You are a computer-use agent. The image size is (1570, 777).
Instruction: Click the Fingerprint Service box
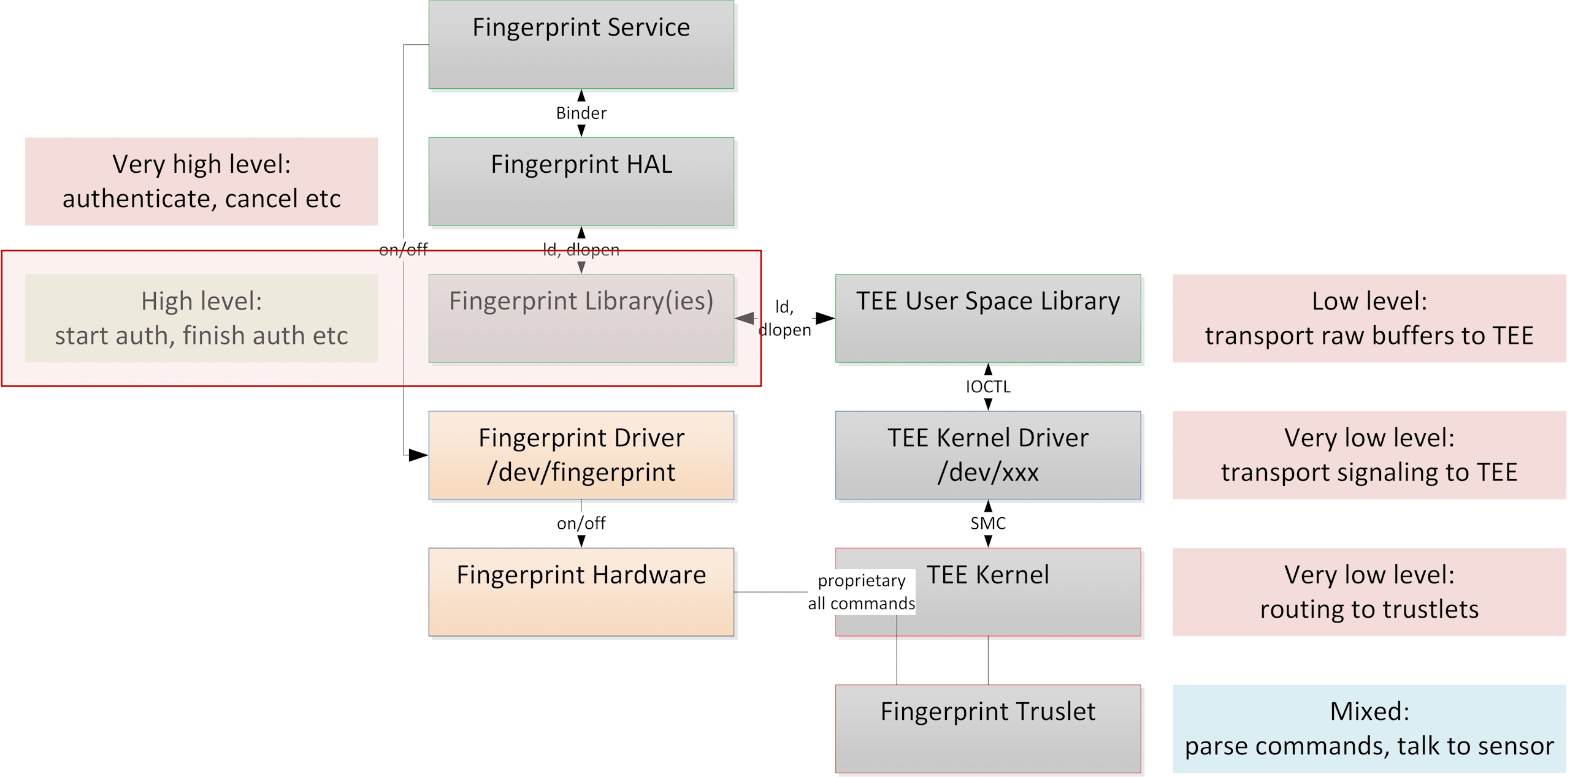coord(581,45)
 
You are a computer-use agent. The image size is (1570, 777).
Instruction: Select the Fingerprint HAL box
coord(581,181)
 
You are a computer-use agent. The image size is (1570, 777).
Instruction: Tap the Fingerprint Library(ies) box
coord(581,318)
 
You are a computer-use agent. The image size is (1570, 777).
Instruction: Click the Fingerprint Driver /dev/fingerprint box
coord(581,455)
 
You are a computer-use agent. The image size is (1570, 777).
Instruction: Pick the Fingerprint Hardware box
coord(581,592)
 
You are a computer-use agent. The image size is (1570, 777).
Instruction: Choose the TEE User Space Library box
coord(988,318)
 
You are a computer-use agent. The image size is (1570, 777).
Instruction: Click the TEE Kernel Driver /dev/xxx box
coord(988,455)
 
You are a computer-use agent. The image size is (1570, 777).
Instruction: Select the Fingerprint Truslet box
coord(988,729)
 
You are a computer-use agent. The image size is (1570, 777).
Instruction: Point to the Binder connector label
coord(581,113)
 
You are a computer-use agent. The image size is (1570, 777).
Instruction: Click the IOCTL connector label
coord(988,387)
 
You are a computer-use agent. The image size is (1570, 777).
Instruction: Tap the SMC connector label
coord(988,523)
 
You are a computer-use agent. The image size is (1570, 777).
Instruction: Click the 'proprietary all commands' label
coord(862,592)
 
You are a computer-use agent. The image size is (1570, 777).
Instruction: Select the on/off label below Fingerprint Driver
coord(581,523)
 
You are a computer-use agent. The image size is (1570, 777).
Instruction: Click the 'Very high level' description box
coord(201,181)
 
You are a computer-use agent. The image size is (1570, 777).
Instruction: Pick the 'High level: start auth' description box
coord(201,318)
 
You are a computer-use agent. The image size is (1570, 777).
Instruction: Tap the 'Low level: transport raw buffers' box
coord(1369,318)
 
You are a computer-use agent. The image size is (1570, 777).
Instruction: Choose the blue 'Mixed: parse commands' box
coord(1369,729)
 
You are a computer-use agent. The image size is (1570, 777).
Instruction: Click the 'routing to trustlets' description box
coord(1369,592)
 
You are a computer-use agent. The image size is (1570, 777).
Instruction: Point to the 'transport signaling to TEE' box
coord(1369,455)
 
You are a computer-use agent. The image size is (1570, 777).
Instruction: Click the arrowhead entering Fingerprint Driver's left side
coord(419,455)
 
